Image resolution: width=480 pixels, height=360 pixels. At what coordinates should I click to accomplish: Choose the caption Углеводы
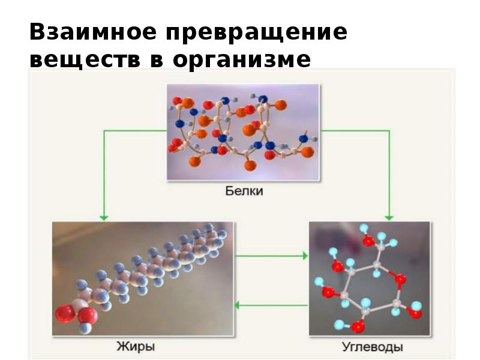(x=372, y=347)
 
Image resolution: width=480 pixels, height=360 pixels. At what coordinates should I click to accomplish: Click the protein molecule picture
(x=243, y=132)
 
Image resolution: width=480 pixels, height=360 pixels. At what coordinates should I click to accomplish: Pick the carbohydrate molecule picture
(x=369, y=278)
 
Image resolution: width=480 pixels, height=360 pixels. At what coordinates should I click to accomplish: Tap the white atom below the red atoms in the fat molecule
(x=85, y=328)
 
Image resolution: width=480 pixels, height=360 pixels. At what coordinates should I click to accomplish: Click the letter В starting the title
(x=37, y=33)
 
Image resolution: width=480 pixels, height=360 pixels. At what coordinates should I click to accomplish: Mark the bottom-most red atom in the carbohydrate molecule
(x=358, y=327)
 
